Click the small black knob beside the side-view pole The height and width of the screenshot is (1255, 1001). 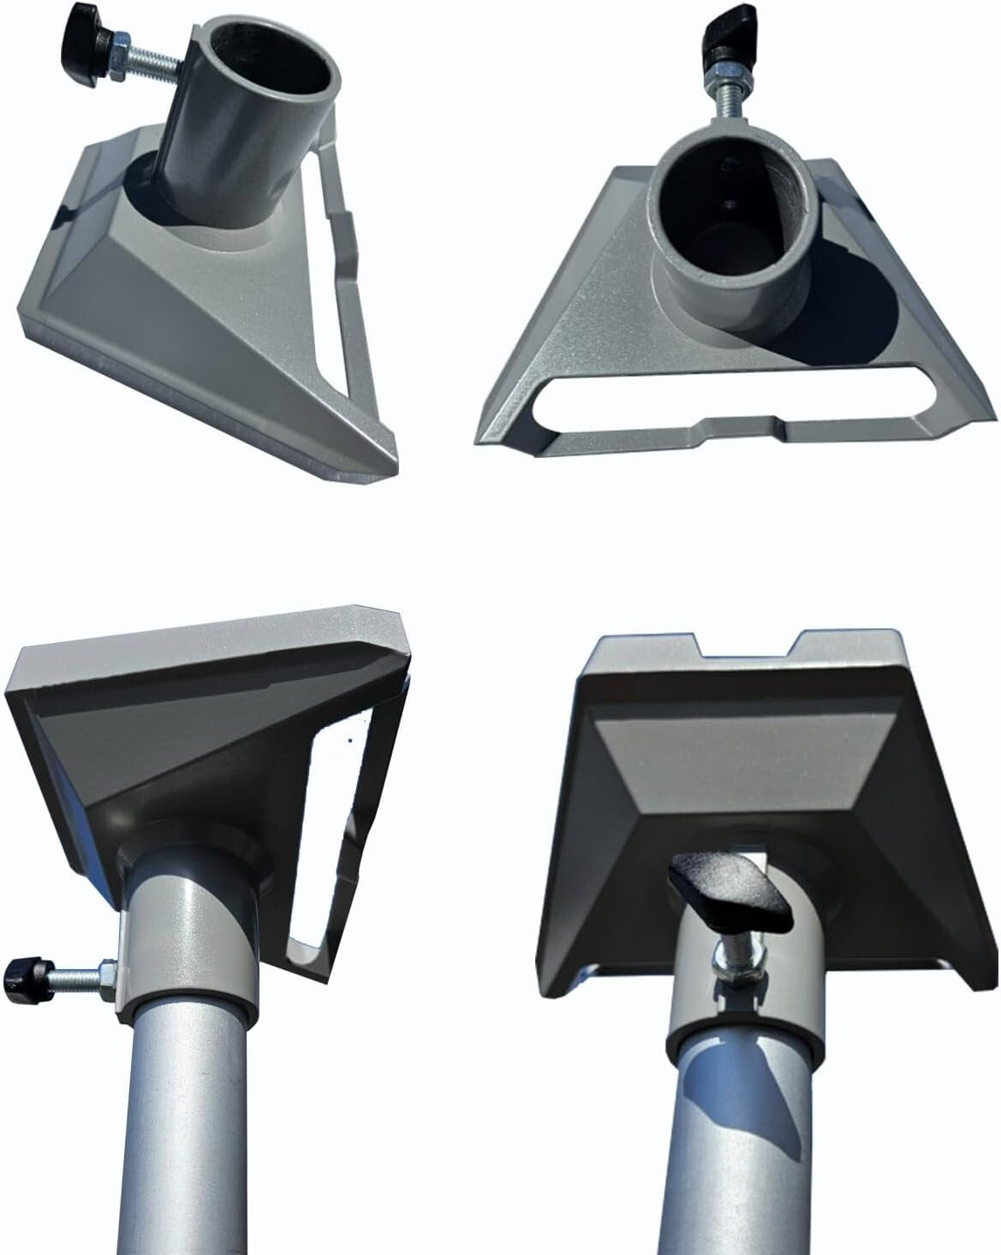[19, 973]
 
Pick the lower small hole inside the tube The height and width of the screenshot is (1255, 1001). [728, 203]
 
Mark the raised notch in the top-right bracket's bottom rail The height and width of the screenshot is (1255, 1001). [741, 422]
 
